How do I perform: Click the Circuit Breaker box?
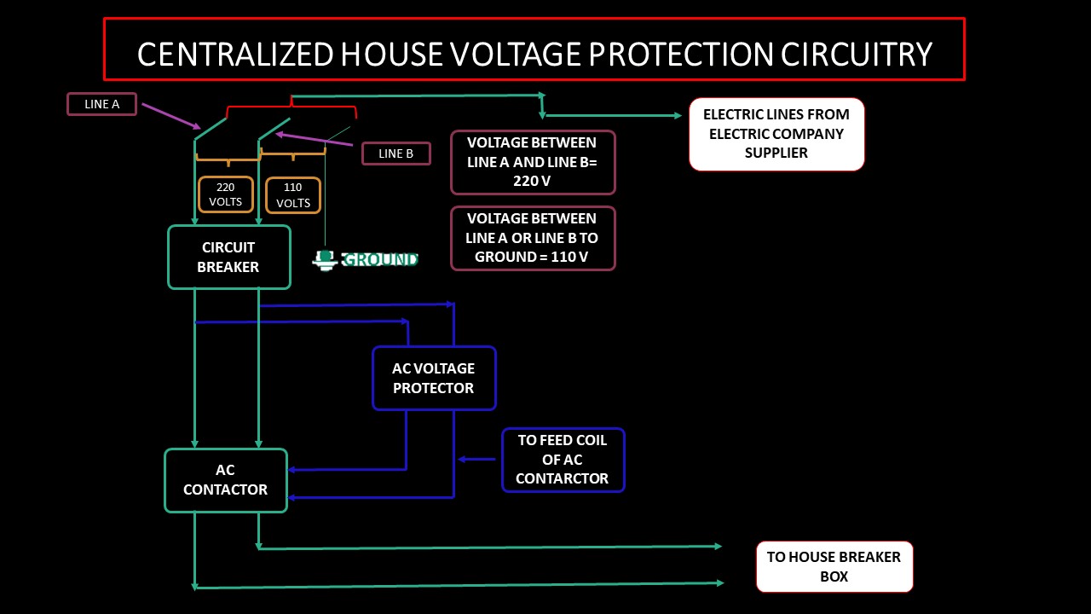click(228, 258)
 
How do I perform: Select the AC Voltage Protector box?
click(434, 378)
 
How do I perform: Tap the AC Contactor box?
click(226, 480)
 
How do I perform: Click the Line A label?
click(101, 104)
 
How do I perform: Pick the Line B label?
click(395, 153)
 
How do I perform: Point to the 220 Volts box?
click(226, 194)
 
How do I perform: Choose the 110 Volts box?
click(293, 195)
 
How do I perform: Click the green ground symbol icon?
click(325, 259)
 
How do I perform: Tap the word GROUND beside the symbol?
click(379, 259)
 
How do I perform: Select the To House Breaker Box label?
click(834, 566)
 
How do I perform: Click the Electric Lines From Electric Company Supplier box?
click(776, 134)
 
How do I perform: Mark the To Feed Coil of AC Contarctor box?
click(563, 460)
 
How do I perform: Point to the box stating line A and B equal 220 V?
click(533, 162)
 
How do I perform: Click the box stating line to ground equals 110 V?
click(533, 238)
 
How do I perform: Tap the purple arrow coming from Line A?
click(170, 116)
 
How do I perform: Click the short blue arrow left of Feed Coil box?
click(476, 460)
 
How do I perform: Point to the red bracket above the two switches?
click(292, 107)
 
